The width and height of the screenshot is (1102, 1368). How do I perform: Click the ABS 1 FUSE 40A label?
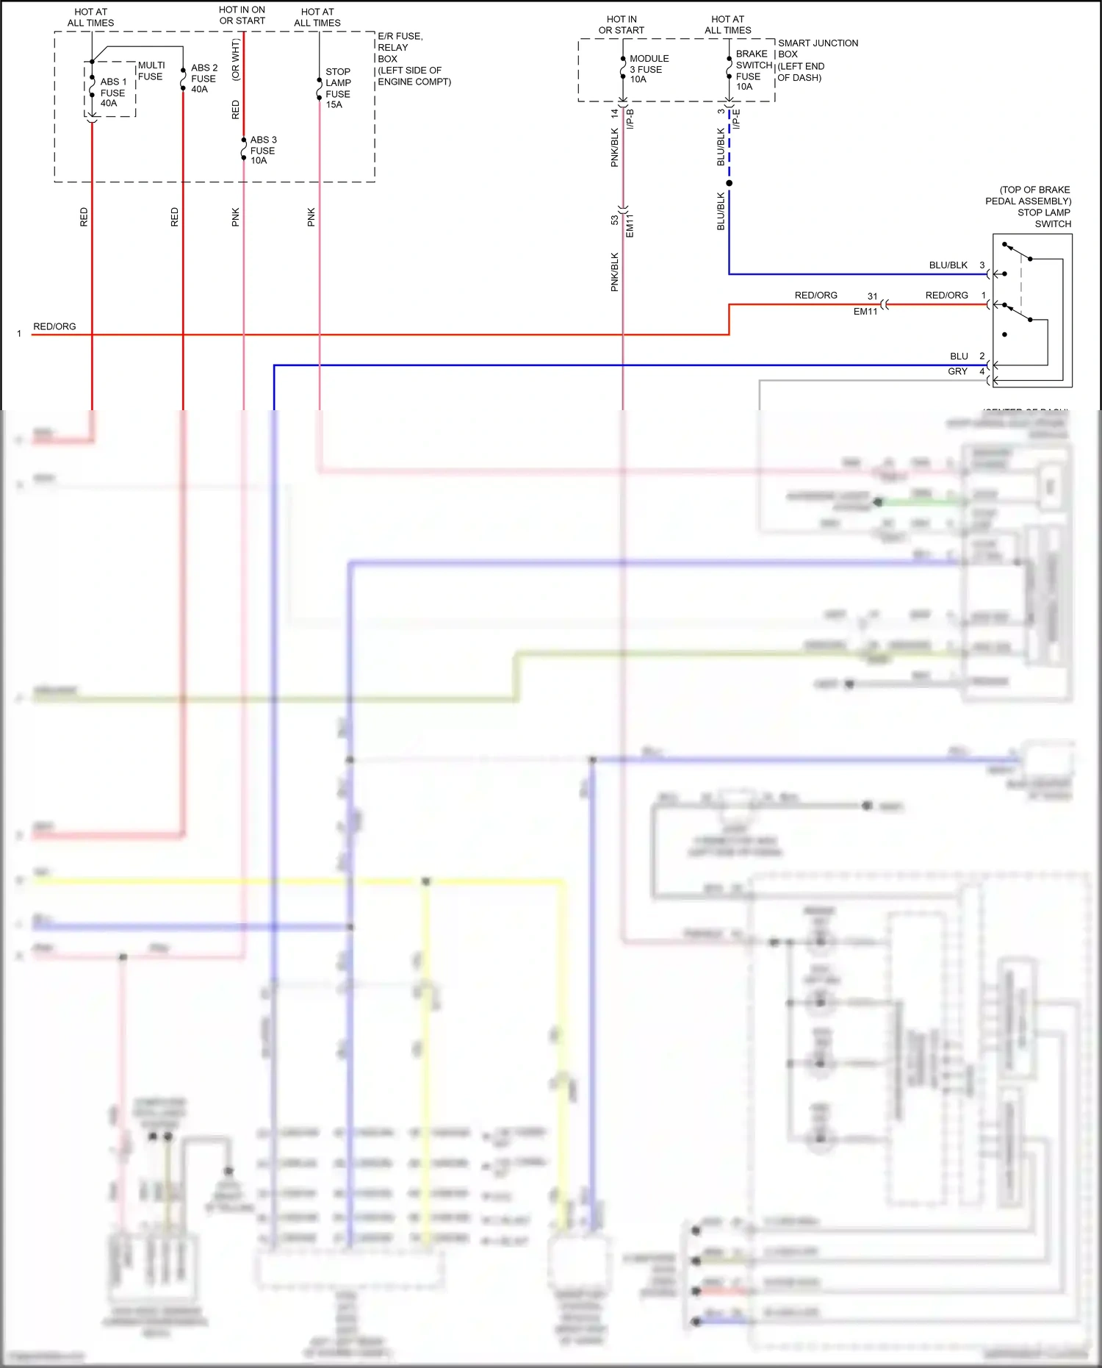113,93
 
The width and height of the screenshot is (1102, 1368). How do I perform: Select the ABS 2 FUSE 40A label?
204,78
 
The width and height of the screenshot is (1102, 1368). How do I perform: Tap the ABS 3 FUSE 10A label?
263,150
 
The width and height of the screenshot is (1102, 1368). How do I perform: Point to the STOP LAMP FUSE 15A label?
338,88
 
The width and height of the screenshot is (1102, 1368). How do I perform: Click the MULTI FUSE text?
151,71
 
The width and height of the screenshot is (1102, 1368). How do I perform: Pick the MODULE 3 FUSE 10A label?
648,69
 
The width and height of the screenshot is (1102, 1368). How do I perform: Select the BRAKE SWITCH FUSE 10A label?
753,70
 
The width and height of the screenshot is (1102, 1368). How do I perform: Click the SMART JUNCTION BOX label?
817,49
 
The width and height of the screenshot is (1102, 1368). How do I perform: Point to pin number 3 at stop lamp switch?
982,265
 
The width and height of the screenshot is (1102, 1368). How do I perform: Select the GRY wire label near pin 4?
957,371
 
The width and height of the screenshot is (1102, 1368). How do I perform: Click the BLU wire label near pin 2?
959,356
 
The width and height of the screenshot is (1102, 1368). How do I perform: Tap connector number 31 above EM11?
872,296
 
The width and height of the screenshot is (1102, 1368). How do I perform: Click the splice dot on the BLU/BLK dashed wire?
729,183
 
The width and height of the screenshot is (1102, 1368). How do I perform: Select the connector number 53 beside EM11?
614,220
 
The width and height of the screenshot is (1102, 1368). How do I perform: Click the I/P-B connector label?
630,119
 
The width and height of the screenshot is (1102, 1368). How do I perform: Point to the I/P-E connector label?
736,119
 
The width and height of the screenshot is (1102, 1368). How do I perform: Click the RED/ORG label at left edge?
54,326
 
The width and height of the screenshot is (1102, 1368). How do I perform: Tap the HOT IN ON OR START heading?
242,15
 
